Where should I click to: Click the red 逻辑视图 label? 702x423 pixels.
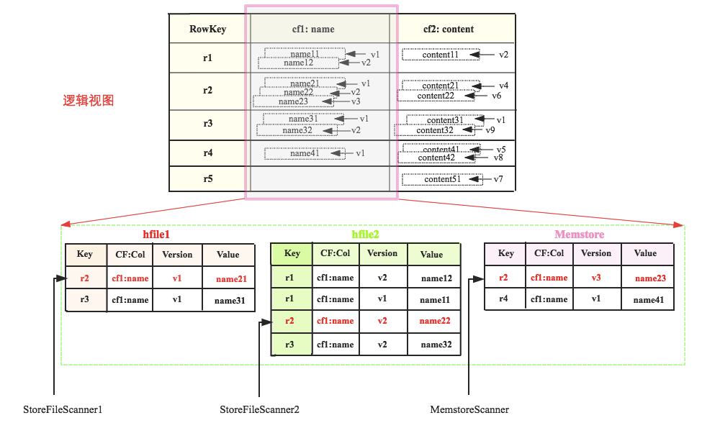pos(88,101)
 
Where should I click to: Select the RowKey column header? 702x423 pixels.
pos(208,29)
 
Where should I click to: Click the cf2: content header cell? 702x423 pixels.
pos(449,29)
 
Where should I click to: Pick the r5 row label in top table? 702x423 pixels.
pos(208,178)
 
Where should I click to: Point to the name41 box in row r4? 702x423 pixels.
pos(305,153)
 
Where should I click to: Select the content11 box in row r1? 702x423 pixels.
pos(440,55)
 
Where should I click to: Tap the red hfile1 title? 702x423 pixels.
pos(156,235)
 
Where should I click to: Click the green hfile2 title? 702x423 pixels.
pos(365,235)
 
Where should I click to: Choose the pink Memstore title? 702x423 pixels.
pos(579,235)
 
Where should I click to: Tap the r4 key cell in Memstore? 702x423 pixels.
pos(505,299)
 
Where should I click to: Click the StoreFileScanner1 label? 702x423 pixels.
pos(63,410)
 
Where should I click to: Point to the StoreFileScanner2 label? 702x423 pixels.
pos(259,410)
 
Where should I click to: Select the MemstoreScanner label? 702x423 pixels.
pos(469,410)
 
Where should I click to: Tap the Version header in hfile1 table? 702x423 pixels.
pos(177,255)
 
